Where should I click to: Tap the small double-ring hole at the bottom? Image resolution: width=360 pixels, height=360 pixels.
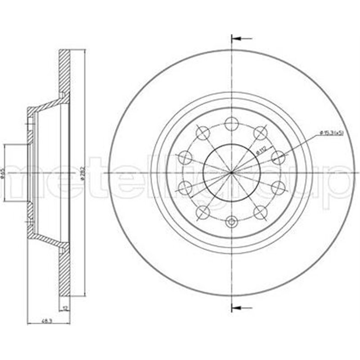pos(231,221)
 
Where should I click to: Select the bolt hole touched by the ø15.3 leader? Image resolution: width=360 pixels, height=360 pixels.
pos(279,157)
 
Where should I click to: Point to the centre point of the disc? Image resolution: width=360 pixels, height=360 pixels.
pos(231,172)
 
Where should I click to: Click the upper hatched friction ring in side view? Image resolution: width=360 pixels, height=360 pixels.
pos(65,72)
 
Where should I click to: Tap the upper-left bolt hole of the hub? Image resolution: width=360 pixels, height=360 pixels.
pos(202,132)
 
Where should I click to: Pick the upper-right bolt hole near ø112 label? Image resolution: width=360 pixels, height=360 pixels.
pos(261,132)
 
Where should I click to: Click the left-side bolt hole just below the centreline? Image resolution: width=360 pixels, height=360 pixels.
pos(184,186)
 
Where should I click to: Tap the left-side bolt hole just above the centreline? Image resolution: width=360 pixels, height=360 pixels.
pos(184,157)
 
